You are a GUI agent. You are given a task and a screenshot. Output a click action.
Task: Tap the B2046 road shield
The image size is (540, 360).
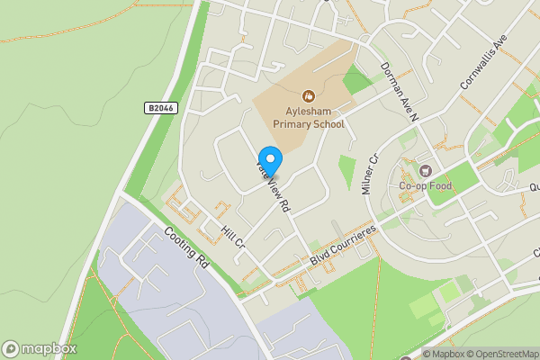[160, 108]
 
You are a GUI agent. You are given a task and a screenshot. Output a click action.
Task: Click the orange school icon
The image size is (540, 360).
[309, 94]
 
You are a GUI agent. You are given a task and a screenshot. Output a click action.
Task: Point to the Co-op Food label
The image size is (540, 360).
[426, 186]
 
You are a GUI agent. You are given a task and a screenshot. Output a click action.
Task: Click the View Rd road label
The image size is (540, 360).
[274, 191]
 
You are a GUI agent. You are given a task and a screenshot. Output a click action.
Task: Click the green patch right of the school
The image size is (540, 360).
[357, 81]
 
